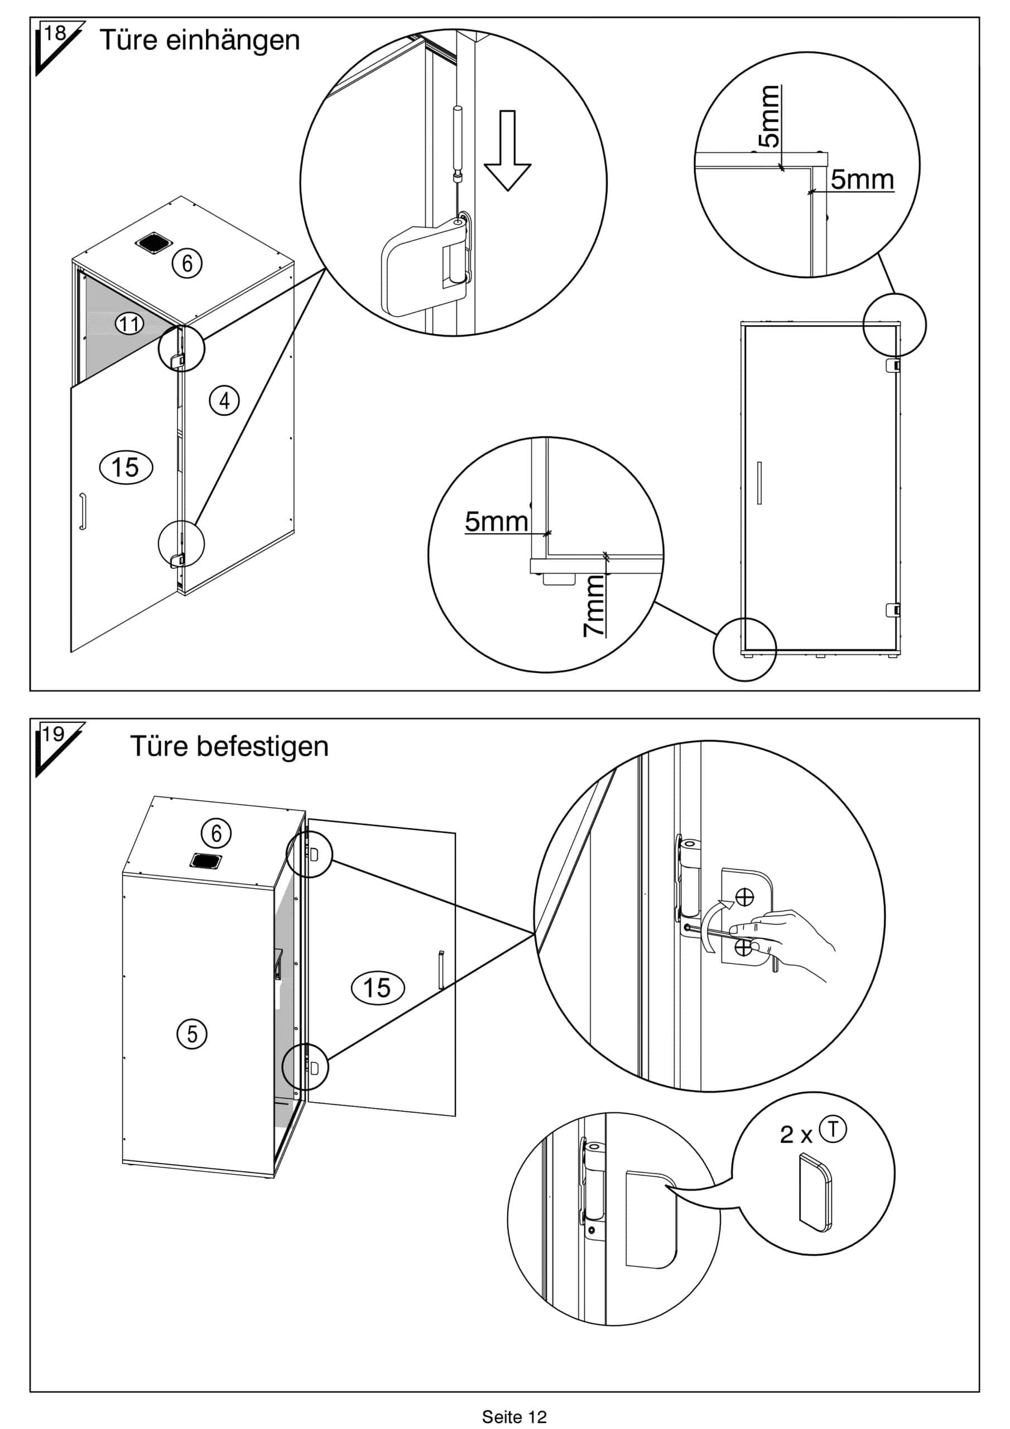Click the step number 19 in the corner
(x=54, y=735)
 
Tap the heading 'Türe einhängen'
(x=200, y=40)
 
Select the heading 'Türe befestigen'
(x=229, y=746)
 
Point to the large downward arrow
(x=507, y=150)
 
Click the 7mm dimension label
(x=594, y=605)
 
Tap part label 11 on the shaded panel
(x=129, y=324)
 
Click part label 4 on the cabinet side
(x=224, y=400)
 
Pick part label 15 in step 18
(x=126, y=467)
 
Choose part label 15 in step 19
(x=377, y=987)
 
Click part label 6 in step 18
(x=187, y=263)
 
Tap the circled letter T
(x=833, y=1129)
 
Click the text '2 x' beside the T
(x=796, y=1135)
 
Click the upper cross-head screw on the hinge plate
(x=744, y=897)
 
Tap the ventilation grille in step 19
(x=206, y=862)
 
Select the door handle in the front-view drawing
(x=759, y=482)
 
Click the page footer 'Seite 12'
(x=514, y=1417)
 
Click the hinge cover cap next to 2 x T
(x=815, y=1192)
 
